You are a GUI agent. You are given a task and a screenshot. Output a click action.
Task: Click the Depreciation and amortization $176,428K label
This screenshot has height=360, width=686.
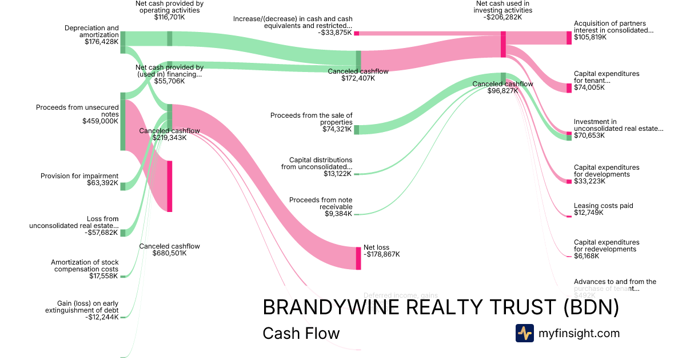pyautogui.click(x=91, y=34)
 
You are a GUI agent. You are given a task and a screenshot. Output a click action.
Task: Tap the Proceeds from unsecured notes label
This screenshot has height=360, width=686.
pyautogui.click(x=77, y=114)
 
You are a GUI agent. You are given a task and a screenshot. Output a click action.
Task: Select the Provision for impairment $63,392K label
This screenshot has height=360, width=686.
pyautogui.click(x=79, y=179)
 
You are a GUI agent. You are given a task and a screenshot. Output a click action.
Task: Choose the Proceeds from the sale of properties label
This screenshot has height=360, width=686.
pyautogui.click(x=312, y=122)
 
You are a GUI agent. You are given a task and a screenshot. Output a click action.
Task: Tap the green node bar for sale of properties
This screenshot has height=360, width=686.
pyautogui.click(x=357, y=130)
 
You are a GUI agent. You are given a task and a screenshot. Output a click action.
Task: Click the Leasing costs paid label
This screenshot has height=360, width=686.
pyautogui.click(x=603, y=209)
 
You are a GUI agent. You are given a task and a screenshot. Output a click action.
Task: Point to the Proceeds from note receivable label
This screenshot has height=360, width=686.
pyautogui.click(x=321, y=206)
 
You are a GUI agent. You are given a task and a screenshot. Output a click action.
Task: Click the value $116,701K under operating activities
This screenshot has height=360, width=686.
pyautogui.click(x=169, y=18)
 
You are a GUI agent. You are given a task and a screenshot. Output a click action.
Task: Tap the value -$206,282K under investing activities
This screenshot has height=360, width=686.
pyautogui.click(x=503, y=18)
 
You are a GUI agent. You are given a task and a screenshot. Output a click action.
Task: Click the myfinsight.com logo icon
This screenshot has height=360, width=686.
pyautogui.click(x=524, y=333)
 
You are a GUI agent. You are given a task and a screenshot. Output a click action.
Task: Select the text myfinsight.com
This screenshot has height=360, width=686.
pyautogui.click(x=579, y=333)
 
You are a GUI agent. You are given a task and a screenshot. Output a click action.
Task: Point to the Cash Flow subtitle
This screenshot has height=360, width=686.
pyautogui.click(x=301, y=333)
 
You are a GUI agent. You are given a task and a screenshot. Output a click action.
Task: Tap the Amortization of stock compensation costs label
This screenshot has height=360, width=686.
pyautogui.click(x=85, y=269)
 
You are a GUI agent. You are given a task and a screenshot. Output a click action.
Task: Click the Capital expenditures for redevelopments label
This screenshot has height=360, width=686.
pyautogui.click(x=607, y=249)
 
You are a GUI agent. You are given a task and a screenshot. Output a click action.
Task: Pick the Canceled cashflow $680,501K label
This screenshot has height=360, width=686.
pyautogui.click(x=169, y=250)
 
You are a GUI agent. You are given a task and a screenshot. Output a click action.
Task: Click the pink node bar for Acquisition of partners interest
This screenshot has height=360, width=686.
pyautogui.click(x=569, y=38)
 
